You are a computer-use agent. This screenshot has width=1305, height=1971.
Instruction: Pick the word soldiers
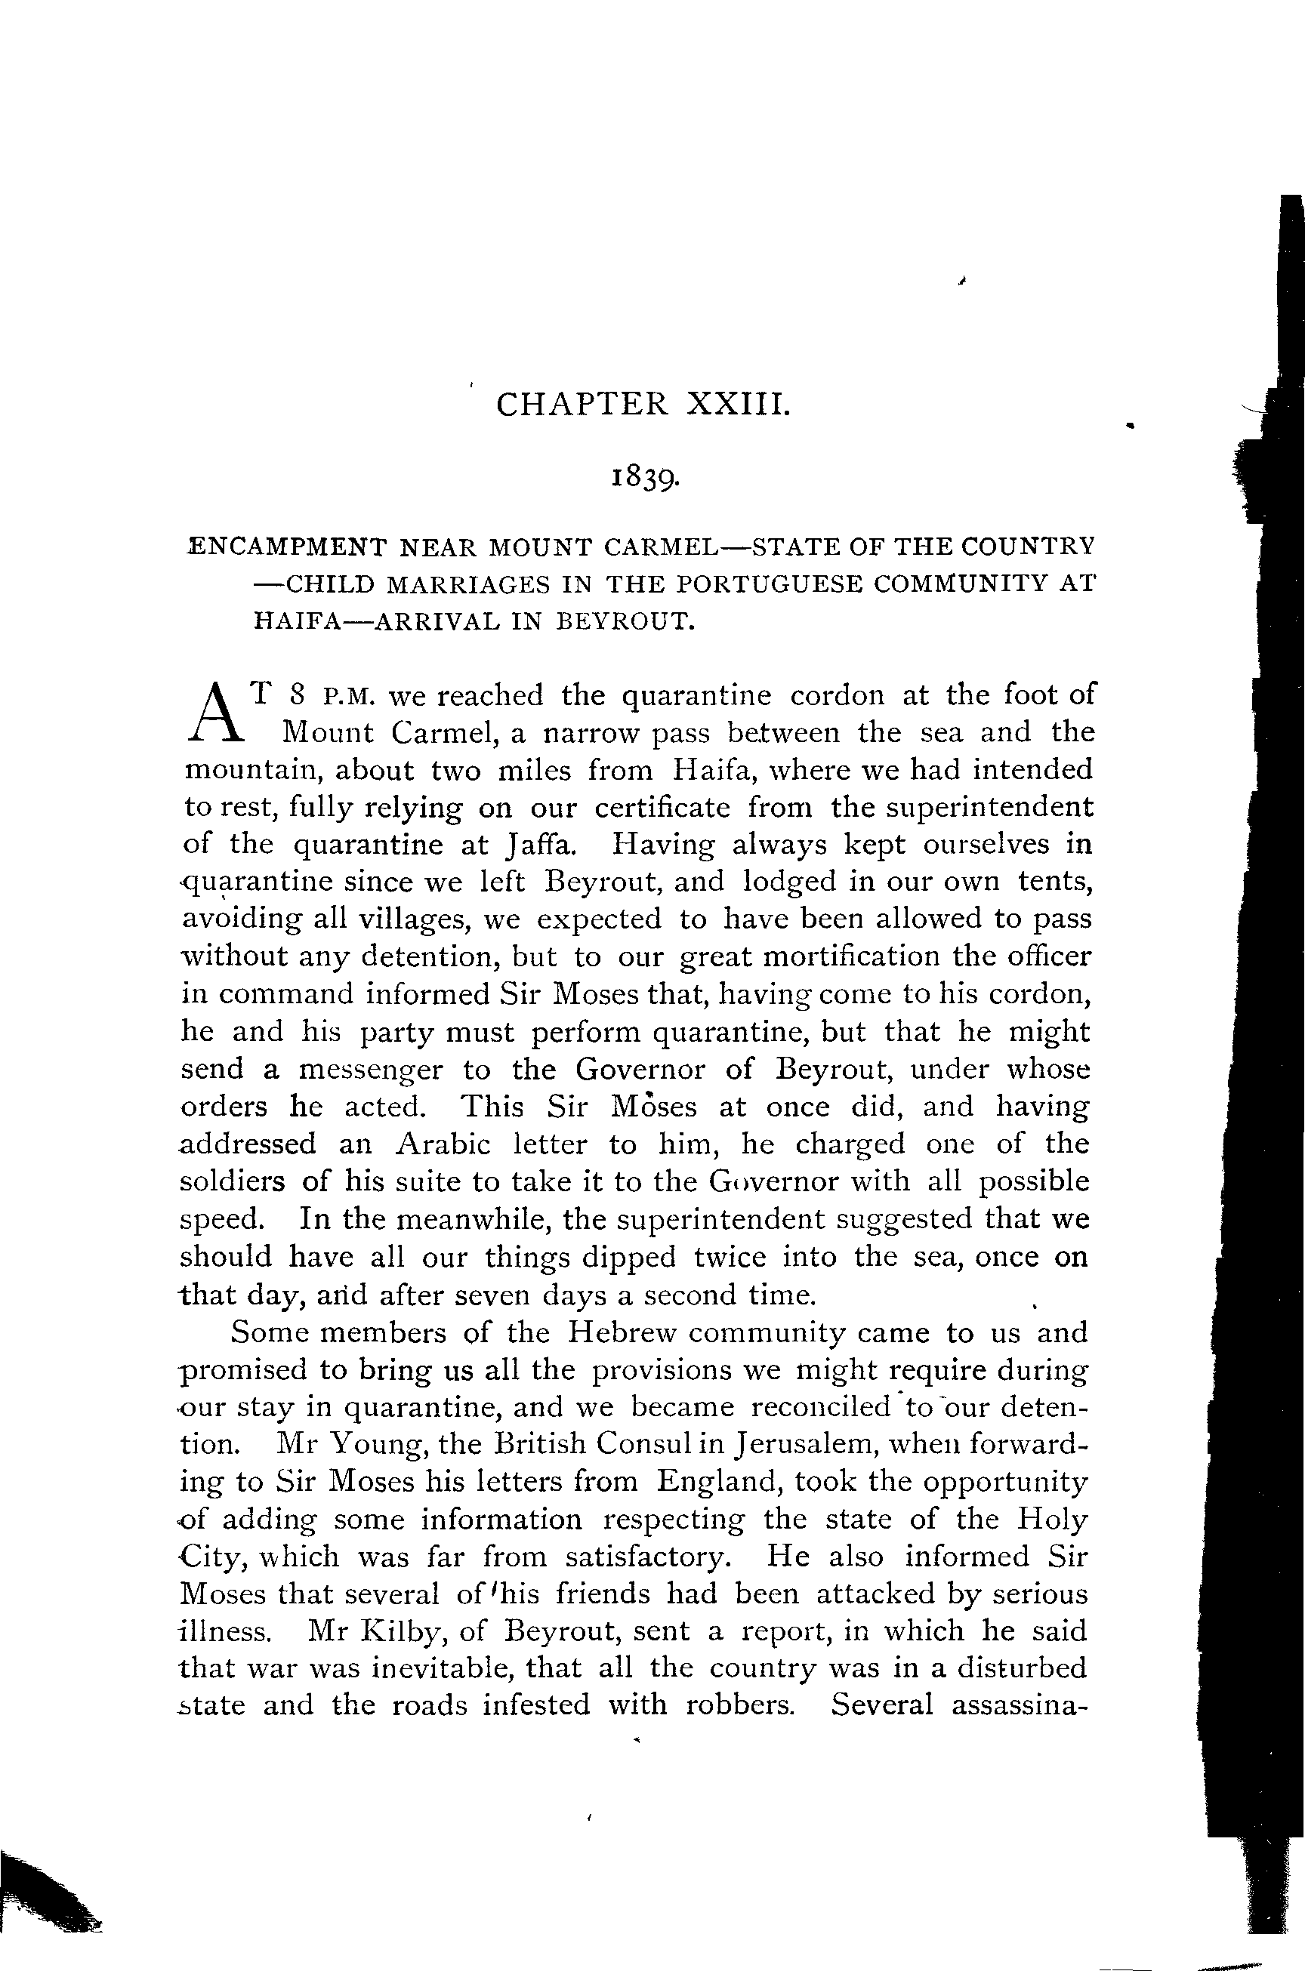click(x=232, y=1181)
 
